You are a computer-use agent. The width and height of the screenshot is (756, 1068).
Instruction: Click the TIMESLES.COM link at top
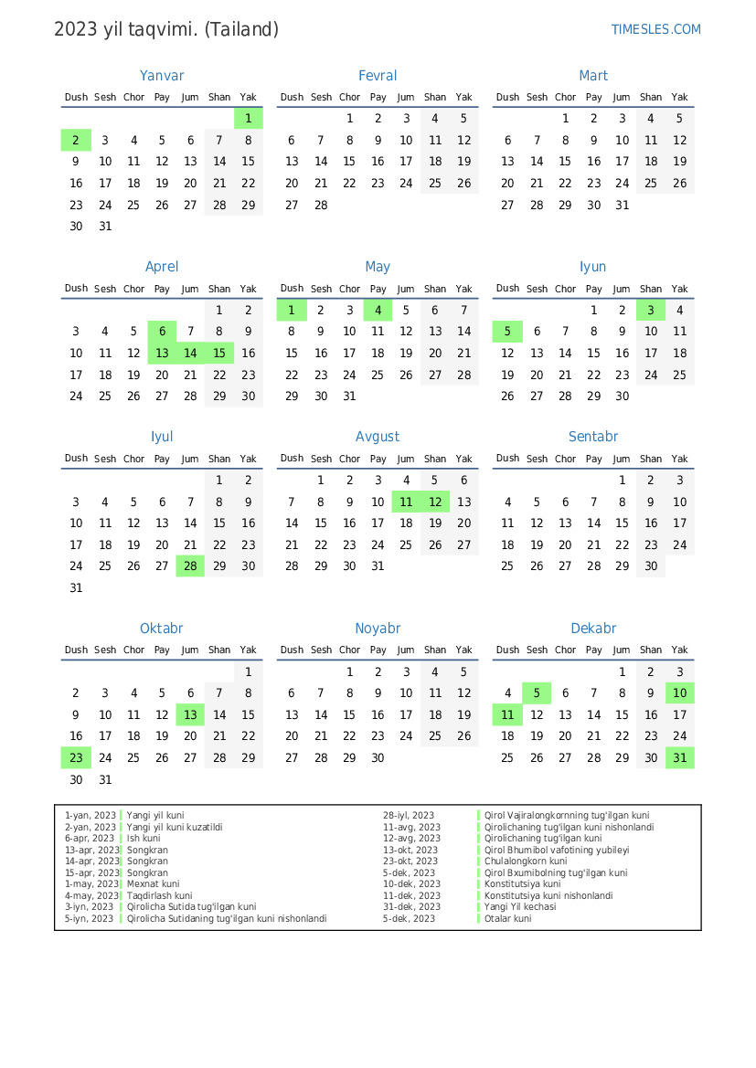pos(655,29)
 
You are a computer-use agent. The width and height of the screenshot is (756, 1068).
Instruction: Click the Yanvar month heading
pos(162,76)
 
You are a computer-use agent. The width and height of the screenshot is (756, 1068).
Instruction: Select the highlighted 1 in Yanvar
pos(248,118)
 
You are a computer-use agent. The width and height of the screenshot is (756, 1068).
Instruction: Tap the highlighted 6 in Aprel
pos(162,332)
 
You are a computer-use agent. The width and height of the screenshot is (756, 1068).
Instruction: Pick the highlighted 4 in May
pos(378,310)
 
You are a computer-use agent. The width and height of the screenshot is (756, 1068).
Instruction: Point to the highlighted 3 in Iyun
pos(651,310)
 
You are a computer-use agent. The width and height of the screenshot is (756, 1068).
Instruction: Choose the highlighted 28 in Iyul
pos(190,566)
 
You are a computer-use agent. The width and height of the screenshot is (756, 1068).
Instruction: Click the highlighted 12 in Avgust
pos(435,502)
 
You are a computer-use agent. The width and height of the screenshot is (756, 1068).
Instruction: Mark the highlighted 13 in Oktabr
pos(190,714)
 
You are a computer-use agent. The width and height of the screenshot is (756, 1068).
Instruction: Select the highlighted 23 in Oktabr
pos(76,757)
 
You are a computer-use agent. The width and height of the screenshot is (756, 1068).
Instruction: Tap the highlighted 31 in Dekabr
pos(679,757)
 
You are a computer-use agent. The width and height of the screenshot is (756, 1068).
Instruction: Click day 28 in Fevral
pos(321,205)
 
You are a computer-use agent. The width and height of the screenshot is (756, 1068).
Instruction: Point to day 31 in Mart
pos(623,205)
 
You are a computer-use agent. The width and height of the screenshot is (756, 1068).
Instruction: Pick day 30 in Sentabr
pos(651,566)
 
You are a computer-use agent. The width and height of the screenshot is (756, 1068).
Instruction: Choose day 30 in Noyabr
pos(378,757)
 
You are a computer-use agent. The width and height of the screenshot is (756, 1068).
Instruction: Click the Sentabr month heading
pos(593,437)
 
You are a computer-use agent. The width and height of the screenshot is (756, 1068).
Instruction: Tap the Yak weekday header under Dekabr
pos(679,650)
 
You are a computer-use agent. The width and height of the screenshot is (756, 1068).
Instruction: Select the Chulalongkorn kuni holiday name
pos(526,862)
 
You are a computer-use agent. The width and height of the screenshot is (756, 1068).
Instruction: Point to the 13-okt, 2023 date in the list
pos(410,850)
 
